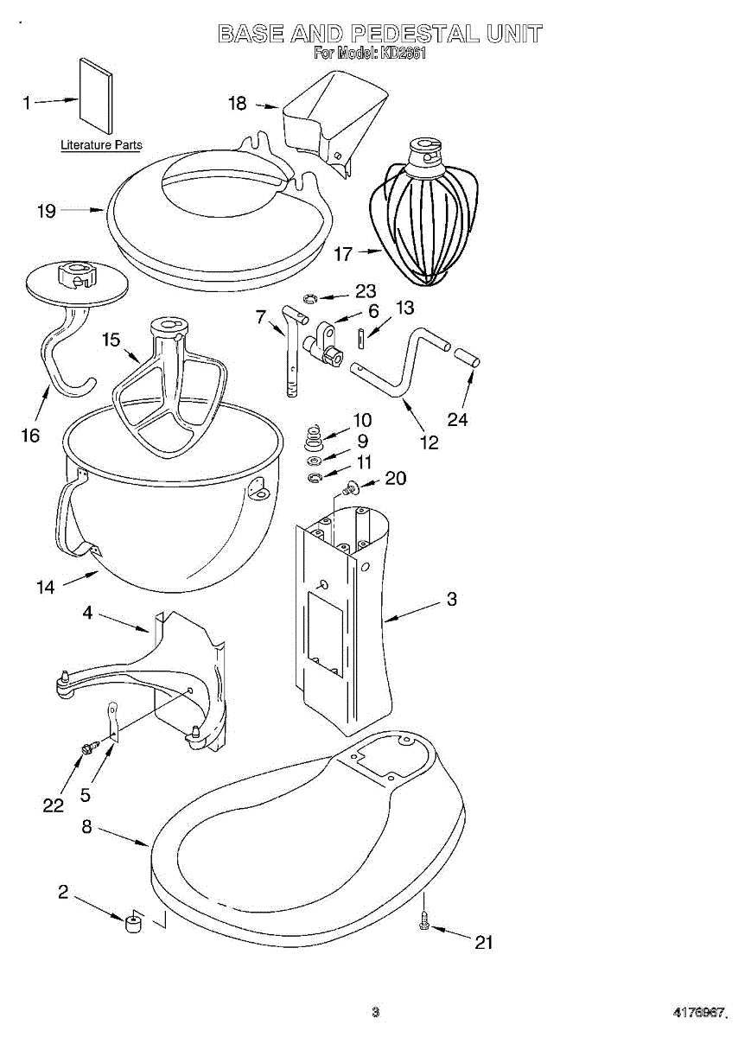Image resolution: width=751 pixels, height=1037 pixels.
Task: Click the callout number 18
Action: (237, 104)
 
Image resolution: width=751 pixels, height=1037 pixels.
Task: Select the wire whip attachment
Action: (424, 216)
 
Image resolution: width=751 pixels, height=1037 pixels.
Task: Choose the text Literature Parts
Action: (101, 145)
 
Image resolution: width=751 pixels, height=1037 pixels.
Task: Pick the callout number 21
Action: (484, 942)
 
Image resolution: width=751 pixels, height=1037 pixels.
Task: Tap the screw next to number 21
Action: (424, 924)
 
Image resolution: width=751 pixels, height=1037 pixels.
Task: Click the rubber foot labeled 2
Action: (133, 924)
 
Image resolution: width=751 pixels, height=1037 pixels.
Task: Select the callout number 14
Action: (45, 588)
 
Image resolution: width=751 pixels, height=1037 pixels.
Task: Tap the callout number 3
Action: (451, 598)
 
